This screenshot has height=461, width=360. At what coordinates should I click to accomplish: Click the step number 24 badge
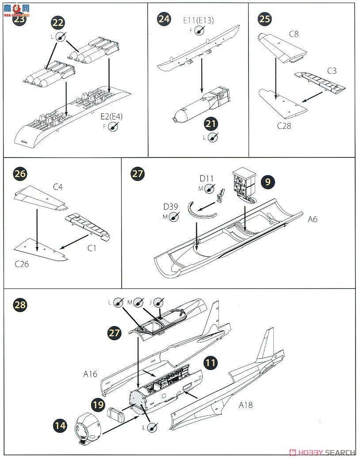[x=164, y=19]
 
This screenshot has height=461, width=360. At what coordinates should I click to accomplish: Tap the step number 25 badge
[x=265, y=19]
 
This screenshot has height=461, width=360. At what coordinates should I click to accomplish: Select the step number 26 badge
[x=20, y=173]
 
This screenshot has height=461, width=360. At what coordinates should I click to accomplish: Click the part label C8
[x=294, y=34]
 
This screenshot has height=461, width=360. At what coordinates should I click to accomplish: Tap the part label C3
[x=332, y=70]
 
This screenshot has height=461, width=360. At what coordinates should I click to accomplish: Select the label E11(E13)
[x=198, y=20]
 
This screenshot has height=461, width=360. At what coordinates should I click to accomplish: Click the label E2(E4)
[x=113, y=117]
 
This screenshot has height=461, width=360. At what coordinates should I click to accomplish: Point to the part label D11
[x=206, y=178]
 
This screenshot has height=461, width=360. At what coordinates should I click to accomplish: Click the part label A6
[x=312, y=219]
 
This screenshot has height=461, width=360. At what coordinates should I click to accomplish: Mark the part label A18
[x=245, y=404]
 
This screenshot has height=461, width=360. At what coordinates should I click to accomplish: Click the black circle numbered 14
[x=59, y=426]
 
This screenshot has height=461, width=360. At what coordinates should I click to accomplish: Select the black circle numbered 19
[x=99, y=403]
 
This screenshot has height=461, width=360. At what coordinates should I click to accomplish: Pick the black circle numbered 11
[x=211, y=363]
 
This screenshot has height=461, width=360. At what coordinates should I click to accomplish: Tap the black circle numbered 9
[x=268, y=181]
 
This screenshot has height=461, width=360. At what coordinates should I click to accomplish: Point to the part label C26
[x=22, y=264]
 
